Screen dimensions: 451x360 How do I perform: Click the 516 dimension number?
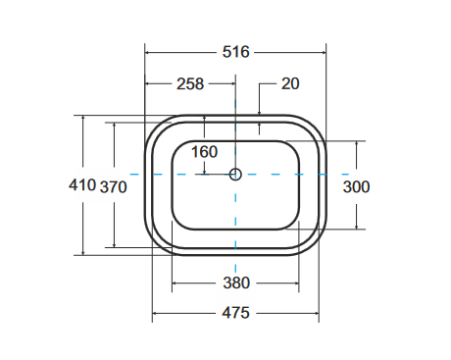[x=235, y=52]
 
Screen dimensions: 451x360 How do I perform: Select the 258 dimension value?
[x=190, y=84]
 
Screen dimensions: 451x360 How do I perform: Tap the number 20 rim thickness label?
[x=290, y=83]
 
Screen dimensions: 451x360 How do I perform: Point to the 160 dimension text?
[x=204, y=152]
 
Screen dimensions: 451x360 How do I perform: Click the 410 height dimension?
[x=82, y=185]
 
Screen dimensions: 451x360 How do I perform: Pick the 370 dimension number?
[x=113, y=187]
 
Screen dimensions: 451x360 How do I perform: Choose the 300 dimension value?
[x=356, y=187]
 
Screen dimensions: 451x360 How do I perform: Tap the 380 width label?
[x=236, y=283]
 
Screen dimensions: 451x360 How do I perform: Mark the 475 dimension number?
[x=235, y=313]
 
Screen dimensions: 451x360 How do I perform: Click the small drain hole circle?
[x=235, y=175]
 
